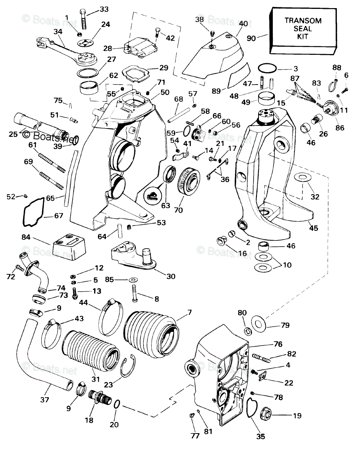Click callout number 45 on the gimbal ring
[x=313, y=228]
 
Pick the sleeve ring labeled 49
[x=267, y=99]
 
